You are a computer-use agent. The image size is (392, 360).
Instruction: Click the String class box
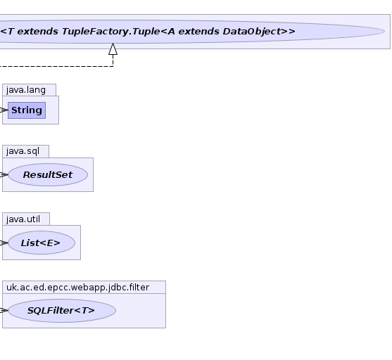click(x=27, y=110)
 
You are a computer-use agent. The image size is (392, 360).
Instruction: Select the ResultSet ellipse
click(x=48, y=174)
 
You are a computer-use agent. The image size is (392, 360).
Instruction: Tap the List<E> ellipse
click(x=42, y=243)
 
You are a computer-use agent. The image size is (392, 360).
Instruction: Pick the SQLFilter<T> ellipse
click(x=62, y=311)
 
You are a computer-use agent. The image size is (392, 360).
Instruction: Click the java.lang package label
click(x=26, y=90)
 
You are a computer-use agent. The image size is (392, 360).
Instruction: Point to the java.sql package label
click(x=23, y=151)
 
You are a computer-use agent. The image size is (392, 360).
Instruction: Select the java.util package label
click(x=23, y=219)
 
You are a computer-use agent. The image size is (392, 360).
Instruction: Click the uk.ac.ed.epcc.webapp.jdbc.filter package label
click(x=77, y=288)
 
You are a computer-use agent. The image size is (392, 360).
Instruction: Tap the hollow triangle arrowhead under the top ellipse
click(x=113, y=49)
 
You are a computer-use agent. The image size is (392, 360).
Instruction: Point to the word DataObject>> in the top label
click(x=259, y=32)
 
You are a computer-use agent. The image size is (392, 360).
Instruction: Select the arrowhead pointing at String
click(x=4, y=110)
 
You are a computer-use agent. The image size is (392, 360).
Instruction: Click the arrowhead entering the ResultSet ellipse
click(x=4, y=174)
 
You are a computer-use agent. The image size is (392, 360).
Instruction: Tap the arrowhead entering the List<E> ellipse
click(x=4, y=243)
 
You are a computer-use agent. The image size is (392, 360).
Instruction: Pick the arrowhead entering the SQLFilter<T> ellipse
click(x=4, y=311)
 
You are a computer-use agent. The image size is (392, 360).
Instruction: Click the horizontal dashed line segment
click(x=56, y=66)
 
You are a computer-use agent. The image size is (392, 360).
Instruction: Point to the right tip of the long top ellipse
click(x=385, y=32)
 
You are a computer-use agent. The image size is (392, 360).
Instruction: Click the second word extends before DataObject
click(x=198, y=32)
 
